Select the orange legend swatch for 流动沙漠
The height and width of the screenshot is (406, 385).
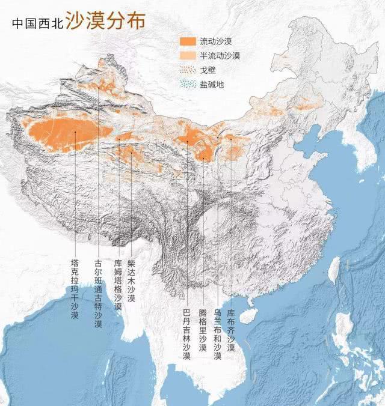click(x=188, y=41)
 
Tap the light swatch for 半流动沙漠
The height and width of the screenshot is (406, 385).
click(x=188, y=56)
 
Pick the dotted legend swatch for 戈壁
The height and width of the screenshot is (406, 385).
click(x=188, y=70)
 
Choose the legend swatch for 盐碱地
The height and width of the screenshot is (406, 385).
click(x=188, y=85)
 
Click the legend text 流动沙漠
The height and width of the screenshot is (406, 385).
click(x=219, y=41)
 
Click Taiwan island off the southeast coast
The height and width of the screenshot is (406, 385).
click(x=334, y=270)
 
